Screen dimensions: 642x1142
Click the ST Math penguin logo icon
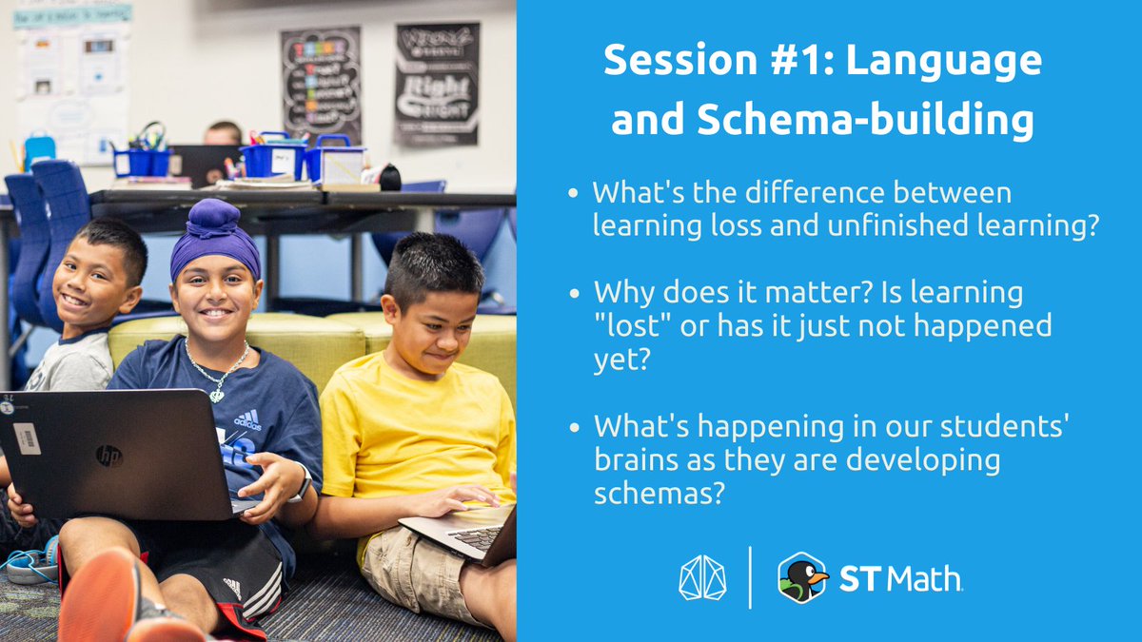click(802, 577)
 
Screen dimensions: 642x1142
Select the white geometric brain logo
click(701, 577)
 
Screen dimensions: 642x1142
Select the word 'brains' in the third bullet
click(633, 460)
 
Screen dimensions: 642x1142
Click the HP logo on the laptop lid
click(108, 456)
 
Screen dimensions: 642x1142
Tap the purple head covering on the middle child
click(213, 239)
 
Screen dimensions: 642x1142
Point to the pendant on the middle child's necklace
click(217, 392)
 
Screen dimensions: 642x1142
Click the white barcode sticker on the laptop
click(27, 438)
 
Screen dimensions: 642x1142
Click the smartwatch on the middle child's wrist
click(302, 485)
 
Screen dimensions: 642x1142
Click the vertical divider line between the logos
click(750, 577)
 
